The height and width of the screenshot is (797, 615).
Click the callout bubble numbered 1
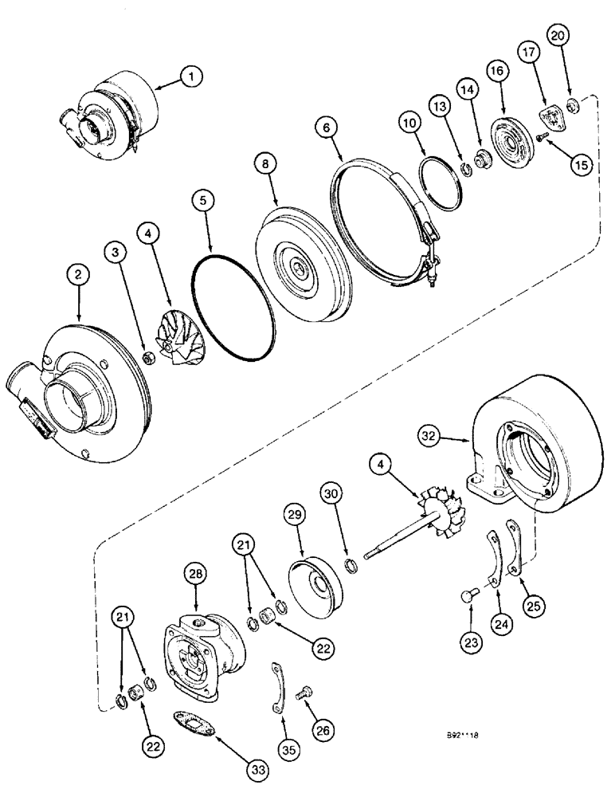point(191,77)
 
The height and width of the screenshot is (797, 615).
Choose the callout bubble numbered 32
point(429,436)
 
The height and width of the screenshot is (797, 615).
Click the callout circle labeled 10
point(409,125)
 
